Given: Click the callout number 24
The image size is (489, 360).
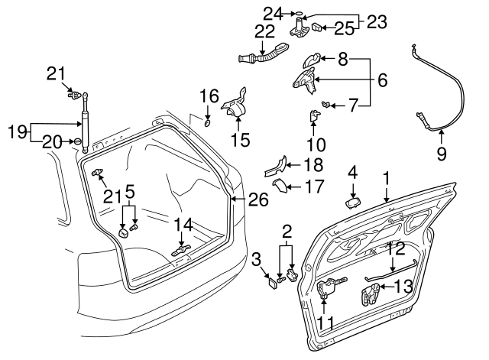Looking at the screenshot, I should click(273, 12).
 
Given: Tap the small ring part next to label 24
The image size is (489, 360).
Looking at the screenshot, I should click(299, 14).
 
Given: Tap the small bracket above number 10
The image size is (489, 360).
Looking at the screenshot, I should click(314, 116).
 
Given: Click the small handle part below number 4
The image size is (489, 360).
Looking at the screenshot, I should click(353, 203).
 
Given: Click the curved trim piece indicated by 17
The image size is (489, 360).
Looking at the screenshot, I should click(280, 186).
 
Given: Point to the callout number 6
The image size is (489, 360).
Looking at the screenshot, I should click(383, 79).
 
